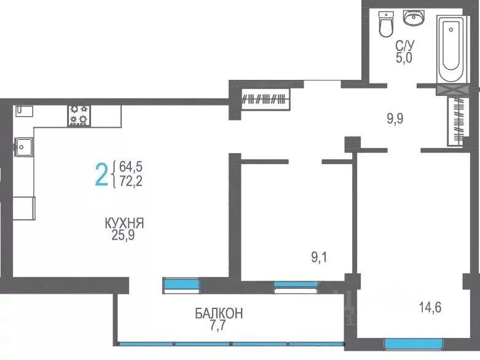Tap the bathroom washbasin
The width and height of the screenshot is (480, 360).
tap(415, 19)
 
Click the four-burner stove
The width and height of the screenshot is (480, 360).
tap(79, 115)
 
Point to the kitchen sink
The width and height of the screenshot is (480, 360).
tap(24, 146)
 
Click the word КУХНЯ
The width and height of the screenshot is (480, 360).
tap(128, 223)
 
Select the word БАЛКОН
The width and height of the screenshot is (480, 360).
tap(219, 314)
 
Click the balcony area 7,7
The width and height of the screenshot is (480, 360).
tap(219, 326)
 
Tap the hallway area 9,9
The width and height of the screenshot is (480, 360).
tap(395, 118)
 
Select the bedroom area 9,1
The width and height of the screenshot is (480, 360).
tap(319, 257)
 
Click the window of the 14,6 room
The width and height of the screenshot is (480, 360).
tap(413, 343)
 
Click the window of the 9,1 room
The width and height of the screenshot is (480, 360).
tap(296, 284)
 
